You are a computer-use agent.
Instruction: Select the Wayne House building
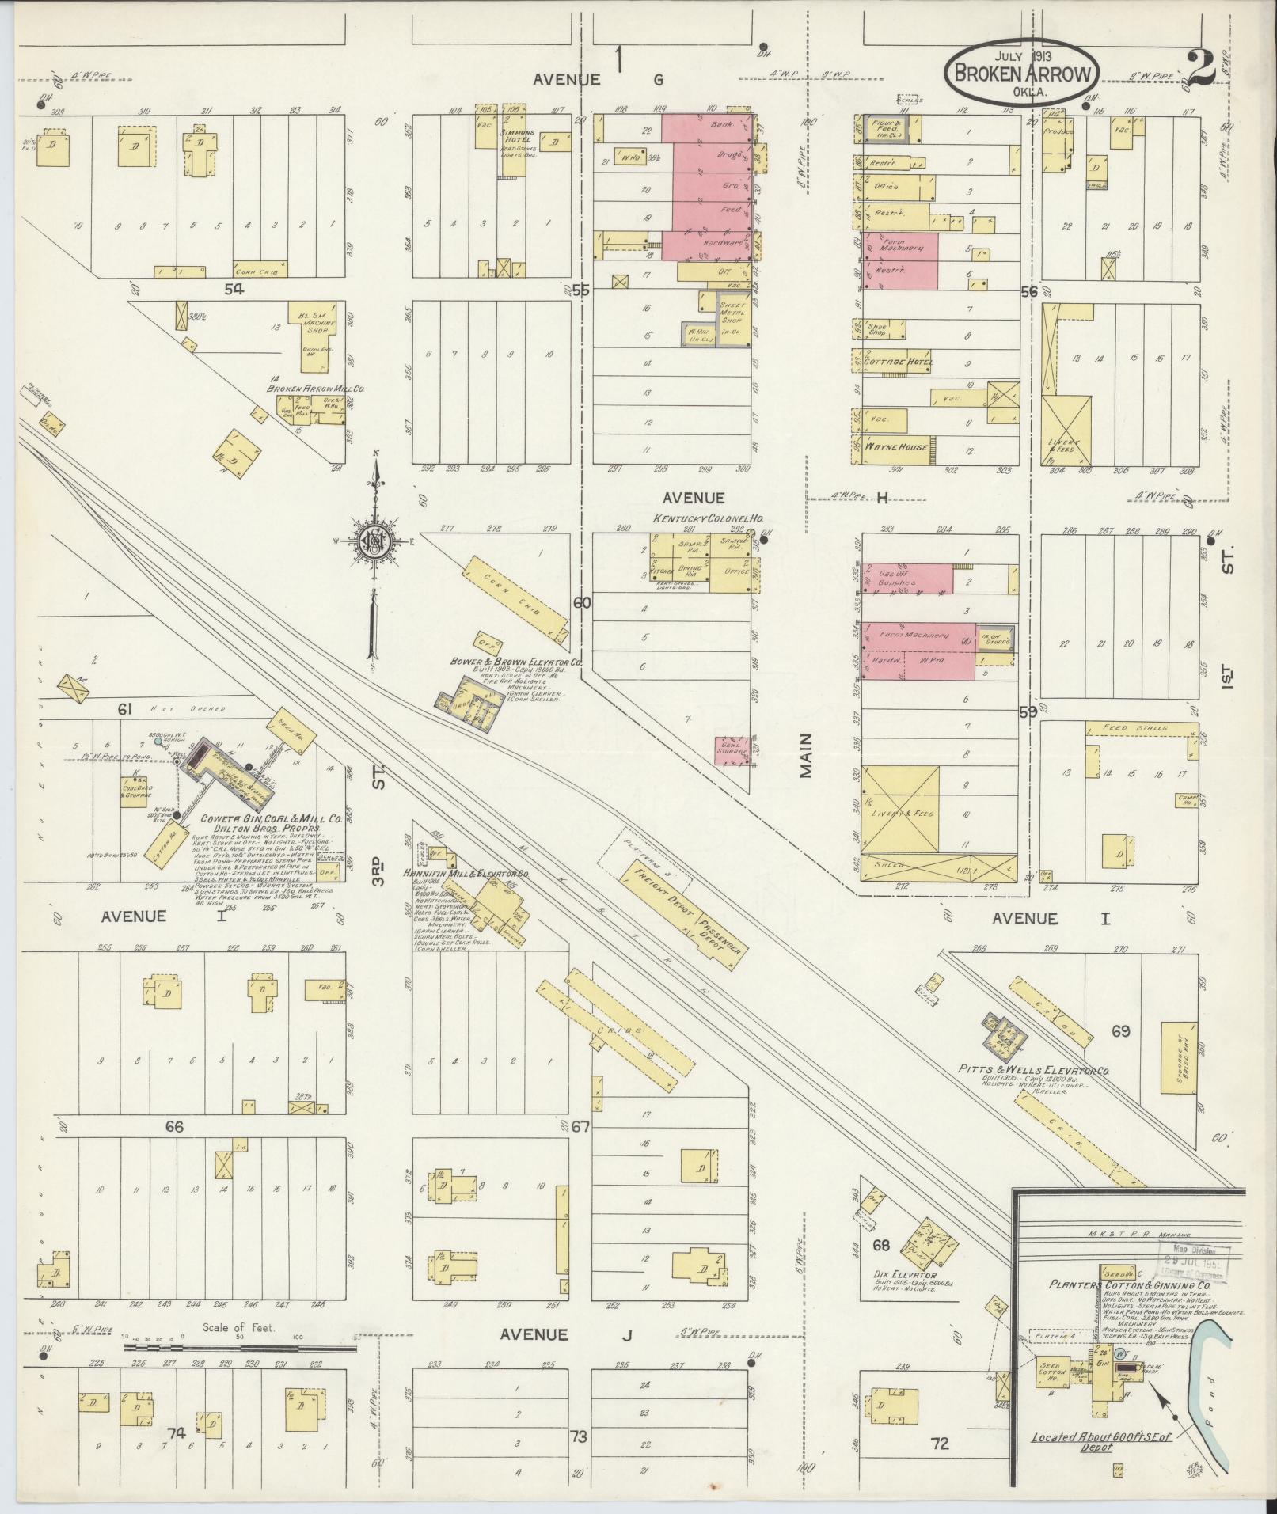tap(895, 446)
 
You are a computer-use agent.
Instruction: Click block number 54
tap(233, 287)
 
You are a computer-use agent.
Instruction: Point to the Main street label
tap(806, 755)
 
